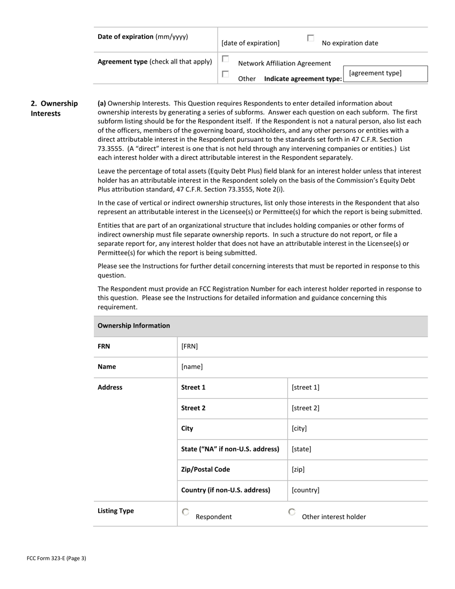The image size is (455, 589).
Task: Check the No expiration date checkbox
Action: [x=310, y=38]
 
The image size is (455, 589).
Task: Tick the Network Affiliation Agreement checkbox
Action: [x=225, y=59]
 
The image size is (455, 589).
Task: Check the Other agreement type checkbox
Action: [x=225, y=74]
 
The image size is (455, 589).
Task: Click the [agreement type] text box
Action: [x=385, y=74]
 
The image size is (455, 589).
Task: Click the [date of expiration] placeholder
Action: [x=250, y=43]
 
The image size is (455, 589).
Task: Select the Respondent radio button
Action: [x=186, y=512]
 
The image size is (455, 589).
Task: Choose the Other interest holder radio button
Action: [x=292, y=512]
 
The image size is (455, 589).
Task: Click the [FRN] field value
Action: [x=190, y=346]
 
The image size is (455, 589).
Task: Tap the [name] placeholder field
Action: [x=192, y=367]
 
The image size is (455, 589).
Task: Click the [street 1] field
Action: [x=306, y=387]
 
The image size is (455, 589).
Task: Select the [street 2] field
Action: [x=306, y=408]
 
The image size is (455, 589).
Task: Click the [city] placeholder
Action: [x=299, y=429]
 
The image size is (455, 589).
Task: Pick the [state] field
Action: [x=301, y=449]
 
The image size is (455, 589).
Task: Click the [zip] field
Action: [x=298, y=470]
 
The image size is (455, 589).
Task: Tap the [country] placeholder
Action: [x=306, y=490]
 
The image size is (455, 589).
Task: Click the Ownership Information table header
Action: [x=134, y=326]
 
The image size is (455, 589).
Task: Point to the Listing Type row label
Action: [x=116, y=511]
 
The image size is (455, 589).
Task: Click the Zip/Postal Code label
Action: [x=205, y=470]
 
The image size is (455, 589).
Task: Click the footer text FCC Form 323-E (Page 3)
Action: [x=57, y=558]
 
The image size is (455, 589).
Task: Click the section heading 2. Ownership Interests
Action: [x=54, y=109]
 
